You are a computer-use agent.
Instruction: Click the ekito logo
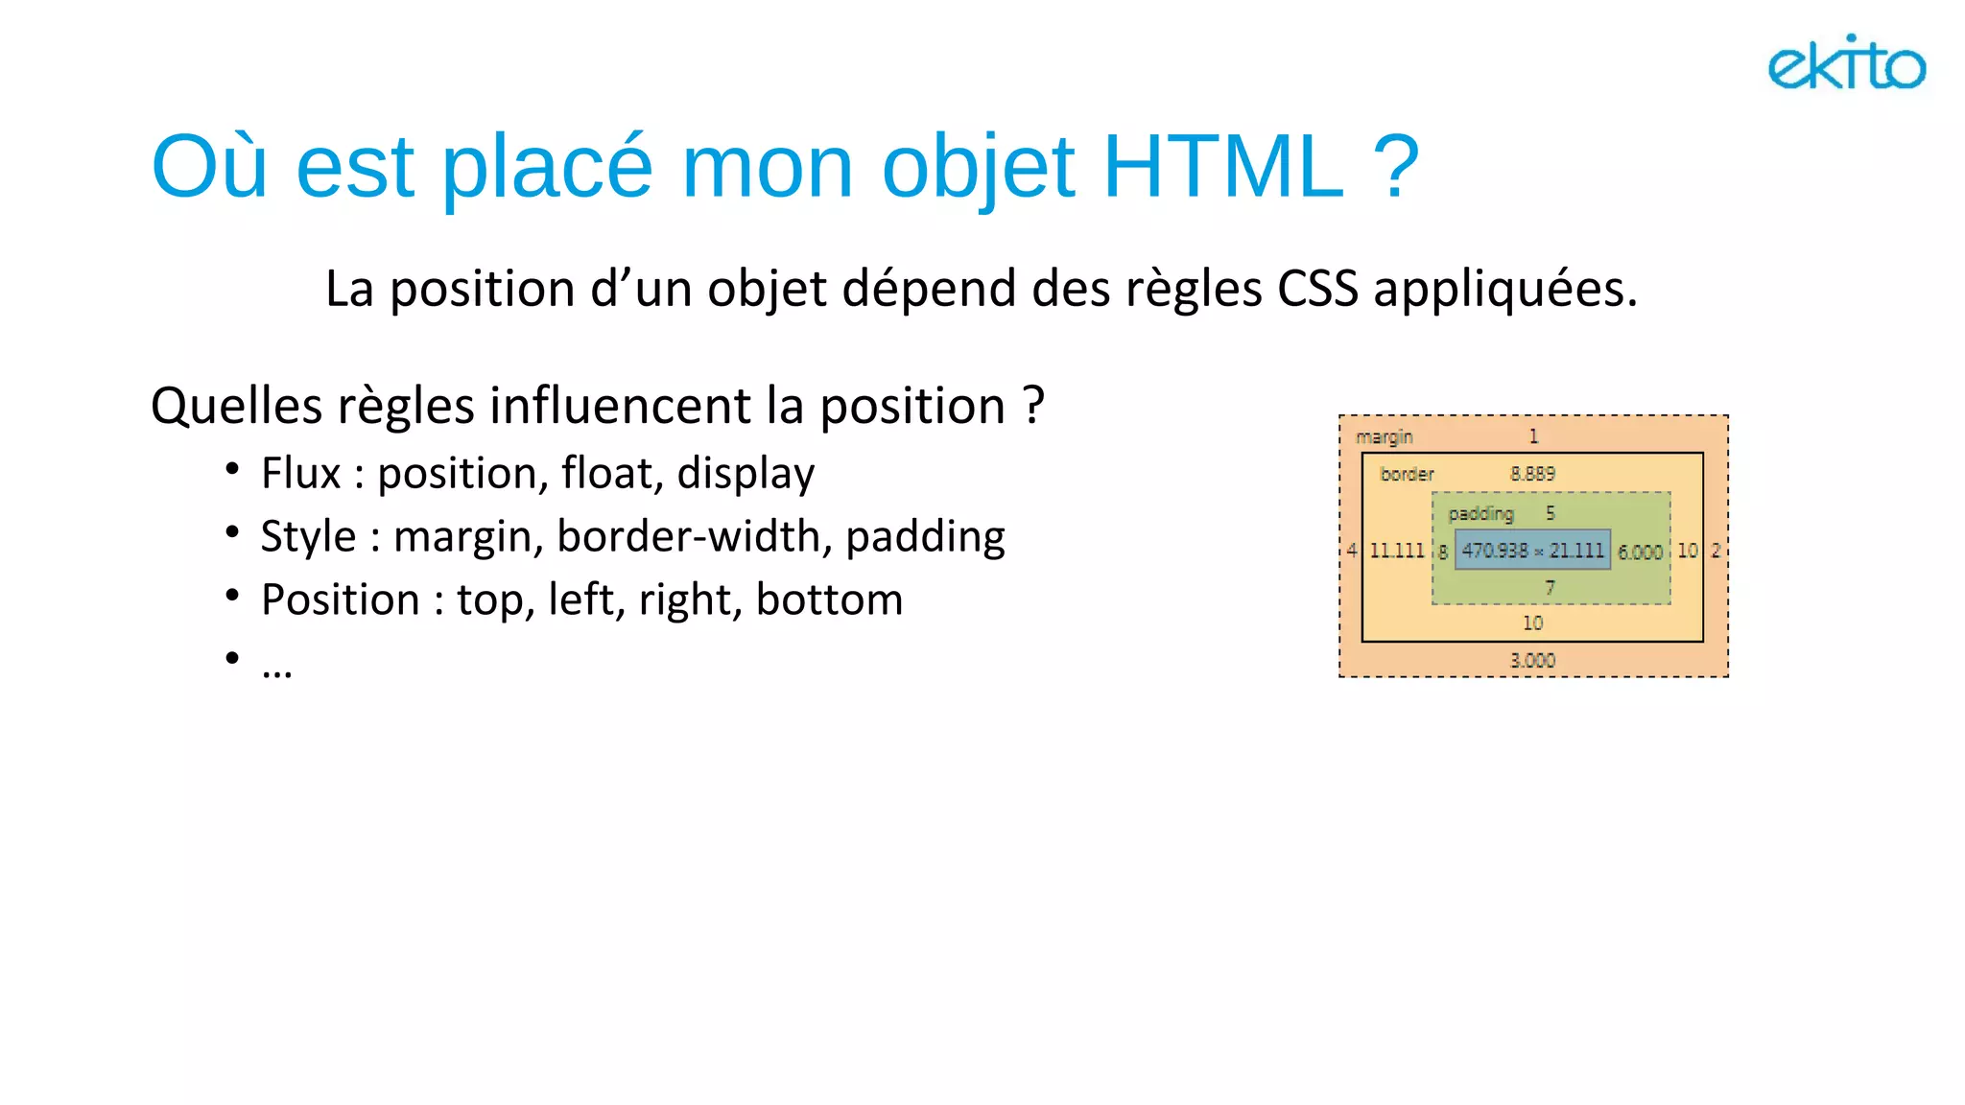coord(1846,64)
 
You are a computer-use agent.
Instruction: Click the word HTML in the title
coord(1223,167)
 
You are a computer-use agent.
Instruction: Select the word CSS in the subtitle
coord(1317,288)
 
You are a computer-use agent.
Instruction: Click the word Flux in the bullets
coord(301,473)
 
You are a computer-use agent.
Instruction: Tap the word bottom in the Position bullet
coord(829,600)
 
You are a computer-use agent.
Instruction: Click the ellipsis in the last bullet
coord(276,668)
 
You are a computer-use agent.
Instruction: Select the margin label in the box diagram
coord(1384,436)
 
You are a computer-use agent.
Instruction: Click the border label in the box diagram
coord(1407,474)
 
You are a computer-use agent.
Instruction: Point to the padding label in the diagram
coord(1480,513)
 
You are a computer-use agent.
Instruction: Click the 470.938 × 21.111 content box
coord(1532,551)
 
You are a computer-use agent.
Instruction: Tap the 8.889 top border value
coord(1532,474)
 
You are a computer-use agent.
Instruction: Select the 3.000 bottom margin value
coord(1532,660)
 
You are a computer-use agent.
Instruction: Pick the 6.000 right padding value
coord(1640,552)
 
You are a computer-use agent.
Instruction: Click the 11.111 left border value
coord(1396,551)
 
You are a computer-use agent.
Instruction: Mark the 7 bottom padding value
coord(1550,587)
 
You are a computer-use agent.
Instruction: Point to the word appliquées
coord(1504,290)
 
